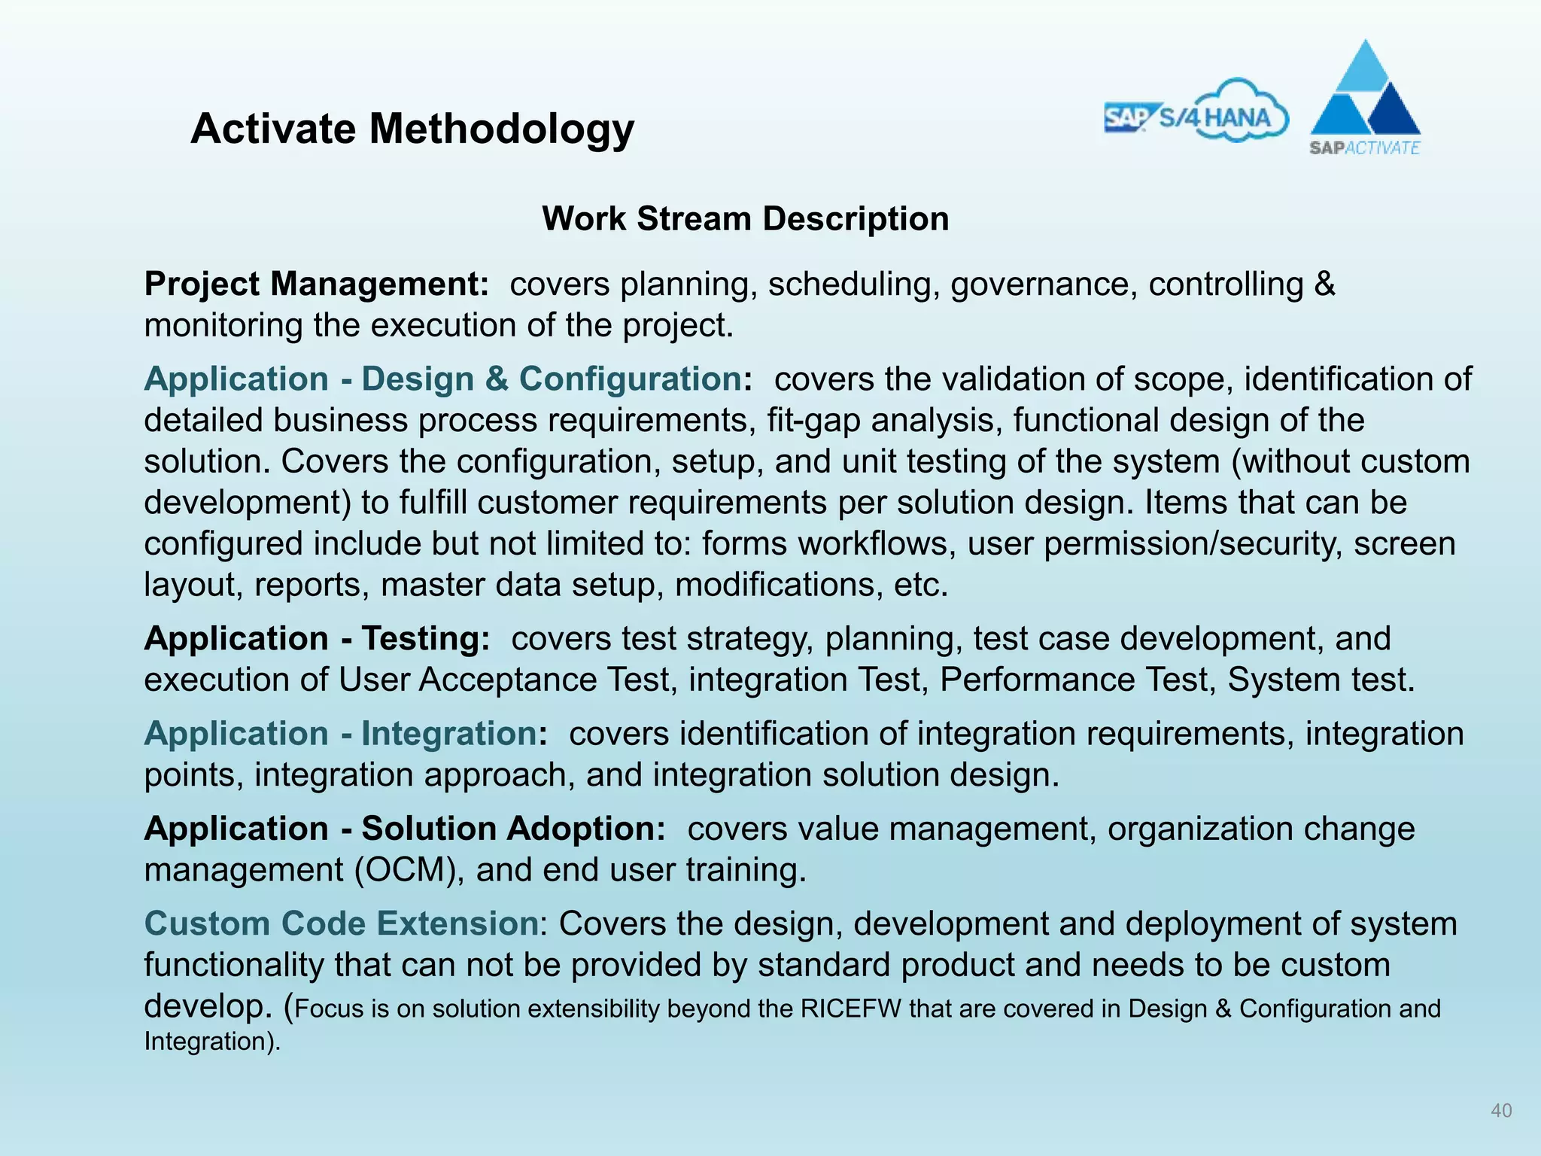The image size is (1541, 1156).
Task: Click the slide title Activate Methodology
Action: click(412, 129)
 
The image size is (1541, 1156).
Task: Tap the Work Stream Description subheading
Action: click(745, 219)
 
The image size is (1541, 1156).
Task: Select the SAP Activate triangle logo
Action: click(1365, 98)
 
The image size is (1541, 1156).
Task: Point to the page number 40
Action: click(1501, 1110)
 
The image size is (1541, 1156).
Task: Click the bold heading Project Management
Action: click(317, 284)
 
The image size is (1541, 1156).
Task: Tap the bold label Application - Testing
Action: click(317, 639)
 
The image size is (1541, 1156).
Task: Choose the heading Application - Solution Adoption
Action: click(405, 829)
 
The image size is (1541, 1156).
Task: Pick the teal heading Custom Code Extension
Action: click(342, 923)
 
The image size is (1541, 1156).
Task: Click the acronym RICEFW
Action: click(851, 1009)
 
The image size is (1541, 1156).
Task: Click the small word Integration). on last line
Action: click(211, 1042)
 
